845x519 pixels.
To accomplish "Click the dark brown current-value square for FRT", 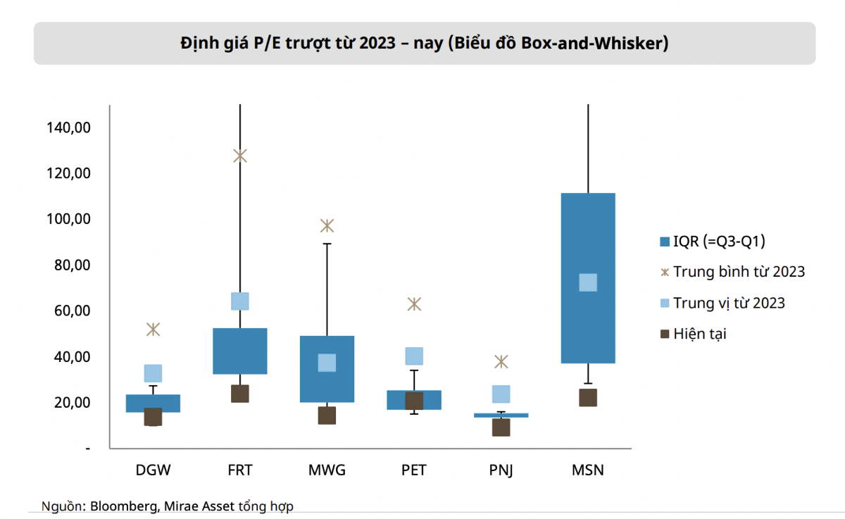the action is pyautogui.click(x=240, y=394).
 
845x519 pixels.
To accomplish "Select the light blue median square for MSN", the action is pyautogui.click(x=588, y=282).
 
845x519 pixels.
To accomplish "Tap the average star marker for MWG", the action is pyautogui.click(x=327, y=226).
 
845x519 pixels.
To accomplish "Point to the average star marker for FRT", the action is pyautogui.click(x=240, y=156).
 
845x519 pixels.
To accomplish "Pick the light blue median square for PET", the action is pyautogui.click(x=414, y=356).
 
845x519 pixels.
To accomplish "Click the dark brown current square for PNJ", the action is pyautogui.click(x=501, y=427).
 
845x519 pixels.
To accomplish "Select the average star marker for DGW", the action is pyautogui.click(x=154, y=330).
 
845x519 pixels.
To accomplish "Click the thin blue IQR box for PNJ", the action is pyautogui.click(x=501, y=415).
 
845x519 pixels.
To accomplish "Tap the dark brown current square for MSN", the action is pyautogui.click(x=588, y=398).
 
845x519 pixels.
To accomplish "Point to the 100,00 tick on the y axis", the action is pyautogui.click(x=68, y=219).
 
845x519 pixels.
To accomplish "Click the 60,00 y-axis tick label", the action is pyautogui.click(x=72, y=311).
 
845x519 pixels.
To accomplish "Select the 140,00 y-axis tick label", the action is pyautogui.click(x=68, y=127).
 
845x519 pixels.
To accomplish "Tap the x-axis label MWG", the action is pyautogui.click(x=327, y=470).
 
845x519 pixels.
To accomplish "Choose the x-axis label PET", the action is pyautogui.click(x=414, y=470).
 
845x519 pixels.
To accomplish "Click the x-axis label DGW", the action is pyautogui.click(x=154, y=470).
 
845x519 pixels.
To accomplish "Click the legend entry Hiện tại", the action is pyautogui.click(x=694, y=334).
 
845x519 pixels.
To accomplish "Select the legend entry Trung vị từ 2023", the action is pyautogui.click(x=722, y=303).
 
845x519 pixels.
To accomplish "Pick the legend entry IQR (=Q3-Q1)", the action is pyautogui.click(x=713, y=242).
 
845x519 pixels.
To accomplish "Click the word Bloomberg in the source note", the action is pyautogui.click(x=123, y=506).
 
